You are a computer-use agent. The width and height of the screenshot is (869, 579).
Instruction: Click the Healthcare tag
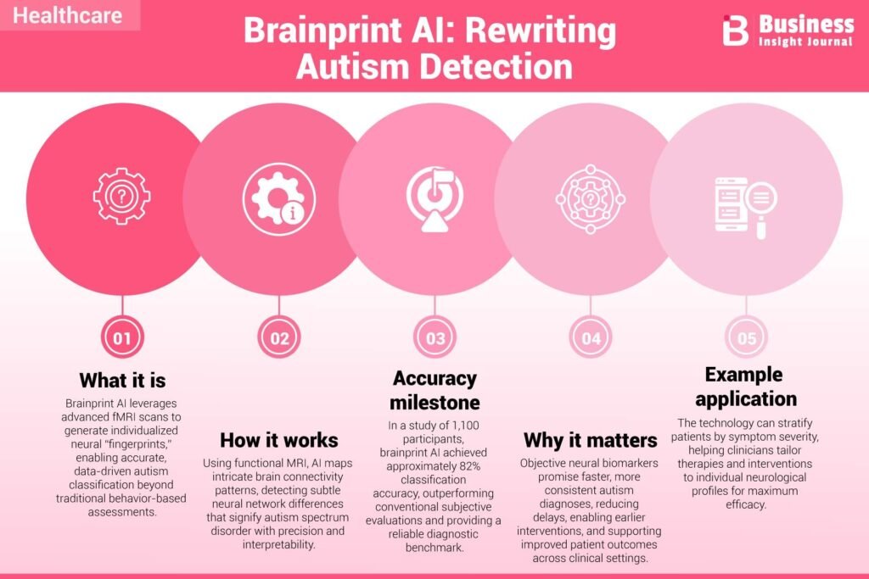pyautogui.click(x=69, y=15)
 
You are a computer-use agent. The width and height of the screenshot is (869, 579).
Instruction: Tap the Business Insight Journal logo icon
pyautogui.click(x=736, y=31)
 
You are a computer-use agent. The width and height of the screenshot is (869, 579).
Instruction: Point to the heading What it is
pyautogui.click(x=122, y=379)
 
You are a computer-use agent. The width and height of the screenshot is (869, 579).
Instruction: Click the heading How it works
pyautogui.click(x=278, y=440)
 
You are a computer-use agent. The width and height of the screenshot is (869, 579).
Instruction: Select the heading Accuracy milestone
pyautogui.click(x=435, y=390)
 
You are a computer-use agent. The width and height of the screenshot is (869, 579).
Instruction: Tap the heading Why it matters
pyautogui.click(x=591, y=440)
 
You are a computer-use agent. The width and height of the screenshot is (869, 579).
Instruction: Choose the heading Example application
pyautogui.click(x=747, y=386)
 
